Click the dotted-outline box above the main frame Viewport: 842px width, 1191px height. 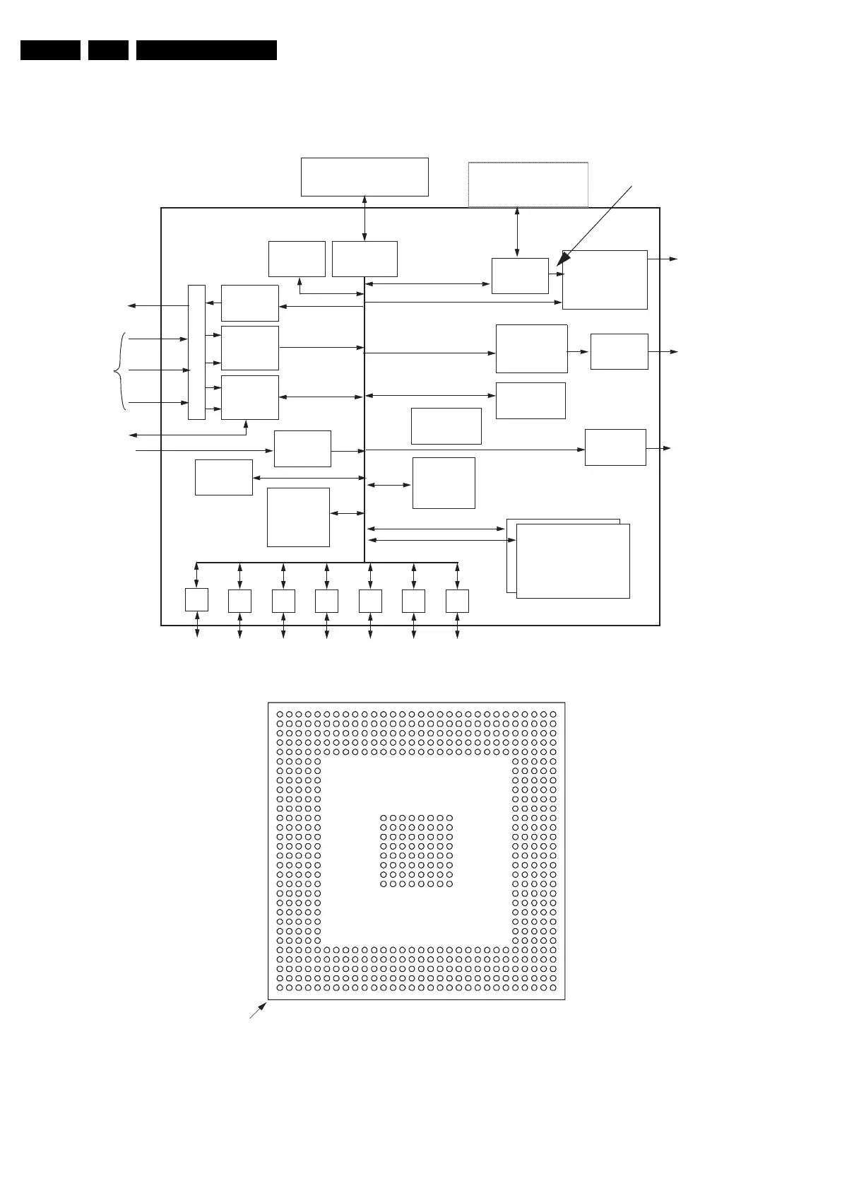click(528, 184)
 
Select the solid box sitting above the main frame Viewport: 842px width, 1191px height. click(364, 177)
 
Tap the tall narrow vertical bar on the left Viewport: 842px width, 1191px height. click(196, 352)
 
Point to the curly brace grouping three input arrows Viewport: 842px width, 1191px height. click(119, 370)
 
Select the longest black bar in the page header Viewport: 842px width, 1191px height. click(206, 50)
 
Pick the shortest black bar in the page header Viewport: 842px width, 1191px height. click(108, 50)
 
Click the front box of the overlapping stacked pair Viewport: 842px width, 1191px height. click(573, 561)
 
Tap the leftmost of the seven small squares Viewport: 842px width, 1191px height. click(196, 600)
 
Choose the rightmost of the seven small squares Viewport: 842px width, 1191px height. click(457, 600)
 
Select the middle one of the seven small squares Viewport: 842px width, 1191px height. click(326, 600)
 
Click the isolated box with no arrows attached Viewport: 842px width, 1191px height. click(446, 426)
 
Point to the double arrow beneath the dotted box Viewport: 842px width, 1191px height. click(517, 232)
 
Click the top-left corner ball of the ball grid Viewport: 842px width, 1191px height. click(280, 714)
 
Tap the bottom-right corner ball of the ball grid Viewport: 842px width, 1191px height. click(553, 987)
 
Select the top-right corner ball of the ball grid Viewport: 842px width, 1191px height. click(553, 714)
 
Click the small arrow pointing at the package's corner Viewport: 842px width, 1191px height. click(258, 1010)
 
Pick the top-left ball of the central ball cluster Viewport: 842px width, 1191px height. click(384, 818)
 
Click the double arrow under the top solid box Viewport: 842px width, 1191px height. click(364, 218)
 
